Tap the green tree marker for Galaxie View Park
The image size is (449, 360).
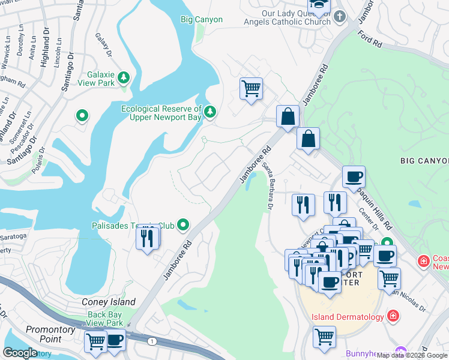(124, 77)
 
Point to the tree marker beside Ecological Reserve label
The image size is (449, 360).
(209, 111)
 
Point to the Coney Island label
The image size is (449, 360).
(109, 302)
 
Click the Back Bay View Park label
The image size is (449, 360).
(105, 319)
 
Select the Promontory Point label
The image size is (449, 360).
(52, 334)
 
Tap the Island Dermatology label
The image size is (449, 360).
(348, 317)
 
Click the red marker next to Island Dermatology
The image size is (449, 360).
(393, 315)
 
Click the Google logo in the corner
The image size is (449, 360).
(20, 353)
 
